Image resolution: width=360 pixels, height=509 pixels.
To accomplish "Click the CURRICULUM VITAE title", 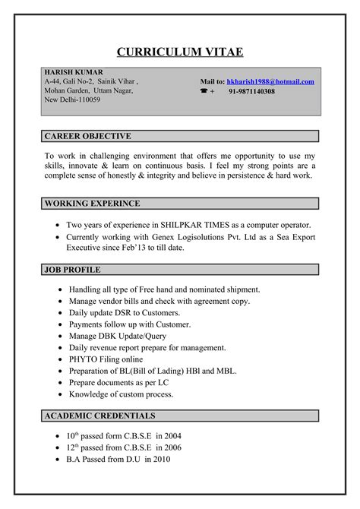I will click(x=179, y=52).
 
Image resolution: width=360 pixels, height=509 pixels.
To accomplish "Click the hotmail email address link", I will click(x=270, y=81).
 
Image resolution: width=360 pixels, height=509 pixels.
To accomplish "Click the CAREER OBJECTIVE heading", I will click(x=88, y=136).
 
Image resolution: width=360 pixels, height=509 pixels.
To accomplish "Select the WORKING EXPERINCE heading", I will click(x=92, y=204).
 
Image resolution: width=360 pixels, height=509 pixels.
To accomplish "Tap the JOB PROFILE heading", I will click(x=73, y=270).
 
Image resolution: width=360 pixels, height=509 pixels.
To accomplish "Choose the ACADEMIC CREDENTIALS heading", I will click(x=100, y=416).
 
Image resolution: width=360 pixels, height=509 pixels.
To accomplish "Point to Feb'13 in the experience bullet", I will click(x=150, y=247).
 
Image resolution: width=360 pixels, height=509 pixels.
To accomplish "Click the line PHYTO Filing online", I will click(x=106, y=359).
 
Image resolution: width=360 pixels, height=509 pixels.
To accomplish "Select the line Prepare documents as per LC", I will click(x=121, y=383).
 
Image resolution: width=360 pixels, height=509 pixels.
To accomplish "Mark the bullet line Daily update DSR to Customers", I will click(x=124, y=313).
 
